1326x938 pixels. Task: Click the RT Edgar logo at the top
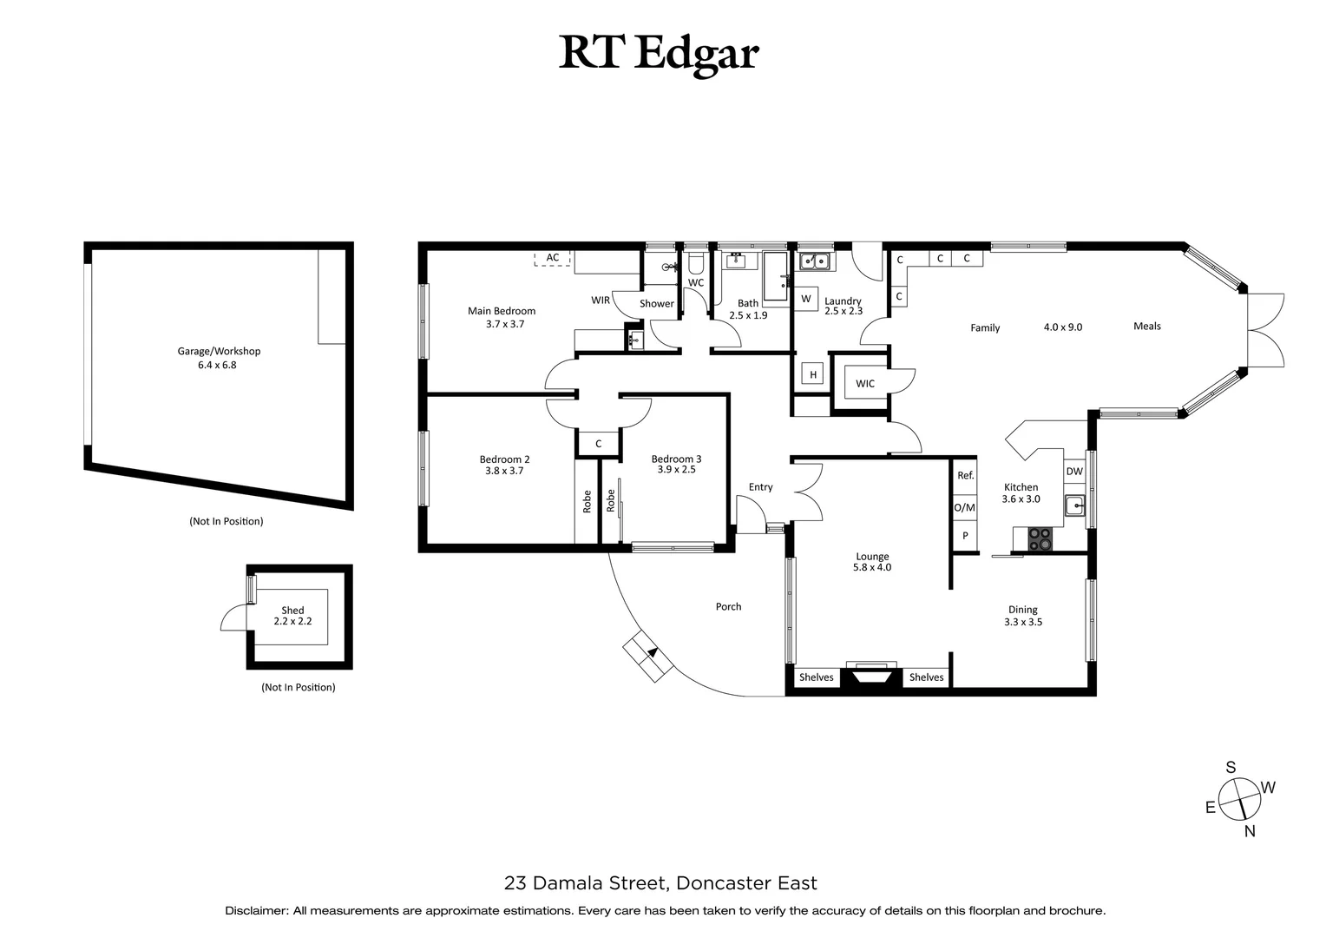pos(659,53)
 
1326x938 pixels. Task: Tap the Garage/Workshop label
pos(219,358)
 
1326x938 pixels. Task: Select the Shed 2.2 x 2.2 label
pos(292,616)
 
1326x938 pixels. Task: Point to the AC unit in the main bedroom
pos(553,258)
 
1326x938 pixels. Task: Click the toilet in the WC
pos(695,263)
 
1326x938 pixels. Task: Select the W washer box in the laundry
pos(805,299)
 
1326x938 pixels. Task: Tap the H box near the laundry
pos(813,375)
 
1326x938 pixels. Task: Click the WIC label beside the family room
pos(864,384)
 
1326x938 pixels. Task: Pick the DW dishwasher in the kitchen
pos(1074,472)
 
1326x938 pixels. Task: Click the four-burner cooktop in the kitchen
pos(1040,539)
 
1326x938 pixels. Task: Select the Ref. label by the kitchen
pos(965,476)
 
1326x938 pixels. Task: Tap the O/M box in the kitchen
pos(965,507)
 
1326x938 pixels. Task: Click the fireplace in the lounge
pos(871,676)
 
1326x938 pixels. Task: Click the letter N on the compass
pos(1250,831)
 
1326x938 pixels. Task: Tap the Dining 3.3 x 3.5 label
pos(1022,616)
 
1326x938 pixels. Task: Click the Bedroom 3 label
pos(676,464)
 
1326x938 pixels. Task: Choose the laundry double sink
pos(815,260)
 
